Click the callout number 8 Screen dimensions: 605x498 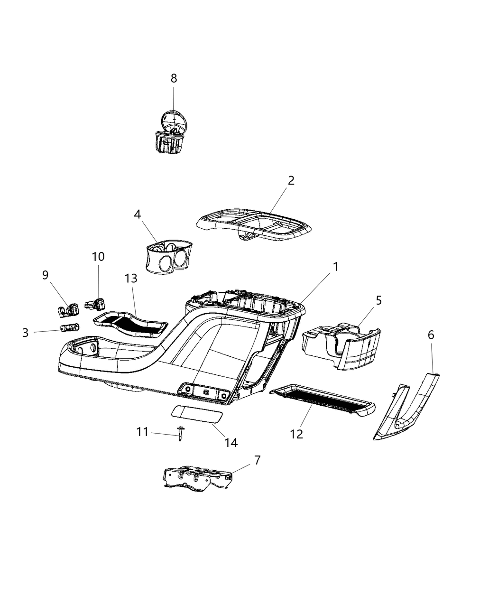(174, 78)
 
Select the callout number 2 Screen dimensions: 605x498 (291, 180)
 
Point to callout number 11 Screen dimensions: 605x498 (142, 432)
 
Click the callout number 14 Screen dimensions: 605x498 (231, 443)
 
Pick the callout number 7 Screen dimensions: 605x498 (258, 460)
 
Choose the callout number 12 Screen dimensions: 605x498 (296, 434)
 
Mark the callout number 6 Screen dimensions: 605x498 (431, 335)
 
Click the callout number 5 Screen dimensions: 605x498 (378, 300)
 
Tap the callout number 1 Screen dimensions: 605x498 (336, 267)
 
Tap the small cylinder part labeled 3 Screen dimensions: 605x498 (70, 328)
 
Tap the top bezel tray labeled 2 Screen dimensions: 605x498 (255, 225)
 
